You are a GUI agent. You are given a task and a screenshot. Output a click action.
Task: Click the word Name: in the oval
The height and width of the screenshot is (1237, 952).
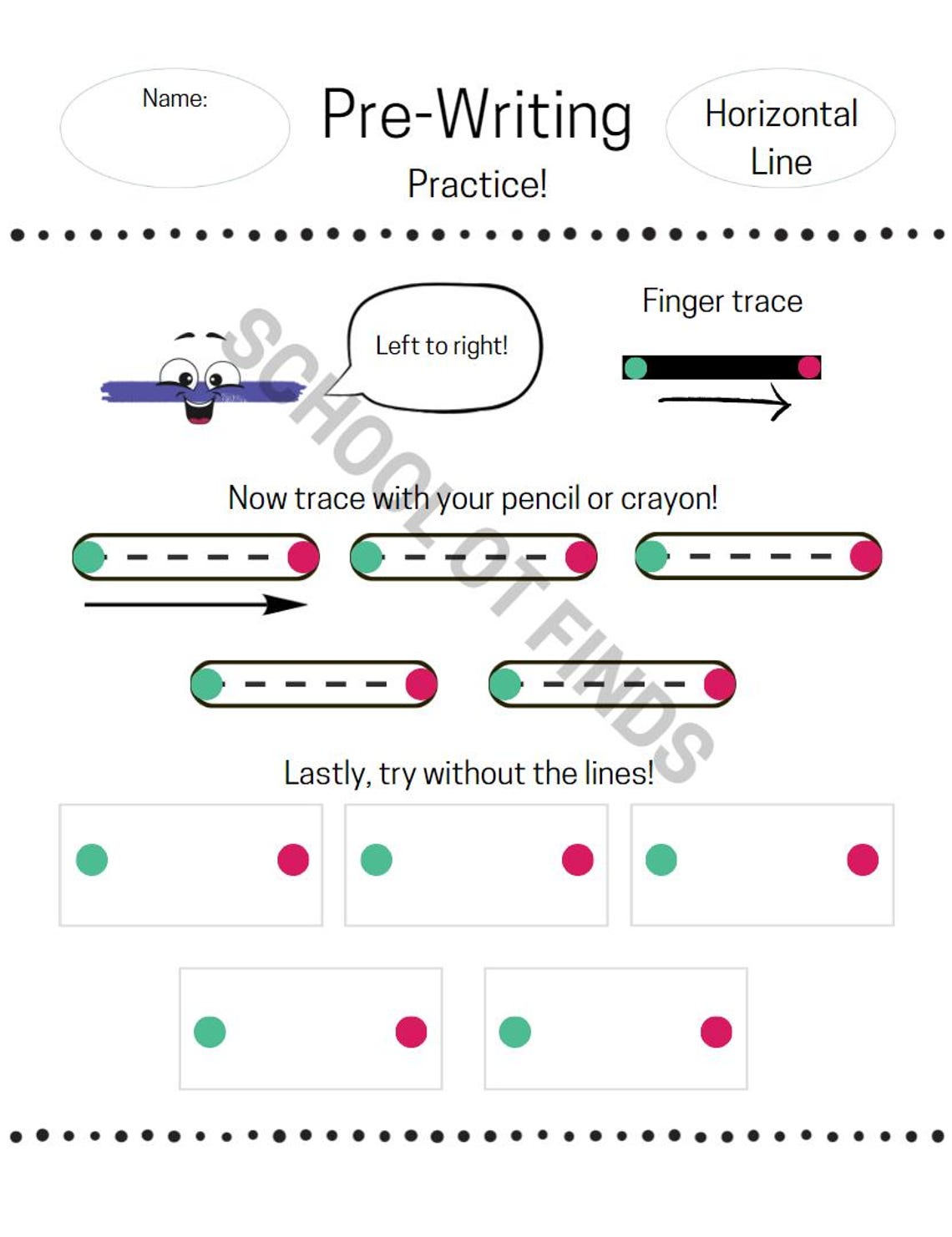tap(175, 98)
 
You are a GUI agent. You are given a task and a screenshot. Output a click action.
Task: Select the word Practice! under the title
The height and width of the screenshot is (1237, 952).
tap(477, 184)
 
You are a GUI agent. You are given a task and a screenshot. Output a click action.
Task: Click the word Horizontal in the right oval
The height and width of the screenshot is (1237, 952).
tap(781, 114)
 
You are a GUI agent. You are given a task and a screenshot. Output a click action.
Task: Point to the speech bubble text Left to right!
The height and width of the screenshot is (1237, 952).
tap(441, 346)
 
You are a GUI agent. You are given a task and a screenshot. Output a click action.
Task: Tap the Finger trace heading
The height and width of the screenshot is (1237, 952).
tap(722, 301)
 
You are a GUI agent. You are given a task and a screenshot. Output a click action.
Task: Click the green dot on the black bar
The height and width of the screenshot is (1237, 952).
tap(636, 368)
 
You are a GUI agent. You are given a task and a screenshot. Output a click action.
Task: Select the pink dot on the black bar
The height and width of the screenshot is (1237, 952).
tap(808, 367)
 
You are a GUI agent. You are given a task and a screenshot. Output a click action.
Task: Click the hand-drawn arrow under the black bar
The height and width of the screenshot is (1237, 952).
tap(724, 401)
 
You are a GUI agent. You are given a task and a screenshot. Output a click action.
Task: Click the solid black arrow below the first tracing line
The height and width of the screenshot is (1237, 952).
tap(196, 604)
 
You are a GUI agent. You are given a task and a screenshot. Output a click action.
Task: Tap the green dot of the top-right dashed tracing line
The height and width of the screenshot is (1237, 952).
tap(651, 556)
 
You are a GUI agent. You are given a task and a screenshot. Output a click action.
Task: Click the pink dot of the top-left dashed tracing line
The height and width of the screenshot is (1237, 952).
tap(303, 557)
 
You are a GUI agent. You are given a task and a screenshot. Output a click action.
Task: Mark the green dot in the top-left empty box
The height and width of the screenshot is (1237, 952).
tap(92, 860)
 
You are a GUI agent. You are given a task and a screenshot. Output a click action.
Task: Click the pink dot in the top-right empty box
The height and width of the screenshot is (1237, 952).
tap(862, 860)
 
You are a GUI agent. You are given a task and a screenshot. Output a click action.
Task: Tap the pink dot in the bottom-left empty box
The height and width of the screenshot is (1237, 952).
tap(411, 1032)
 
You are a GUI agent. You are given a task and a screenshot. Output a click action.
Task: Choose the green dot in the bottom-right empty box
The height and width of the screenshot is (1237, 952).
tap(514, 1032)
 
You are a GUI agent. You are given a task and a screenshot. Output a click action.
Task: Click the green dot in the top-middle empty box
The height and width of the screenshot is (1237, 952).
tap(377, 860)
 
